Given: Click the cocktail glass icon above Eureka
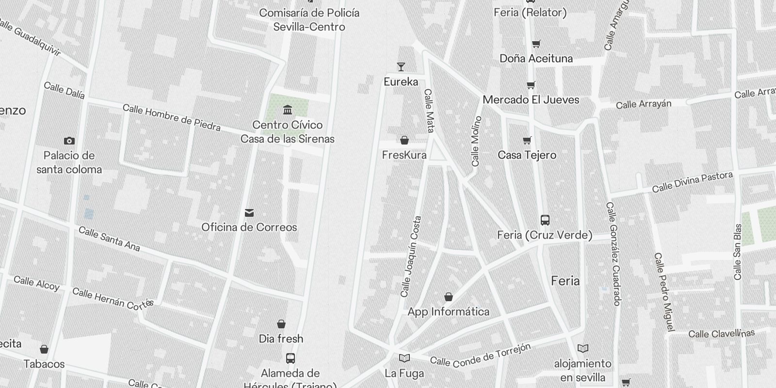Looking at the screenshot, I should (x=401, y=67).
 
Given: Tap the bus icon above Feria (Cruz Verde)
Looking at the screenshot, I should (x=545, y=220).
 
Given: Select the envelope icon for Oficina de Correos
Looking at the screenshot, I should (x=249, y=212).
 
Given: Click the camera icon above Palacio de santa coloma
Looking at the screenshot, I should (x=69, y=141).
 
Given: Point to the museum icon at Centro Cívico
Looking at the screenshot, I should (x=288, y=110).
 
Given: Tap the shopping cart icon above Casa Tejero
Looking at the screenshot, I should (x=527, y=141).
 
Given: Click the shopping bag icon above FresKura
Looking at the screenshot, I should (x=404, y=141).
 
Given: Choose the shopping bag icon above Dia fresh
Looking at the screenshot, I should (x=281, y=324).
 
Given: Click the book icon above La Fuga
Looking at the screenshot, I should (x=404, y=358).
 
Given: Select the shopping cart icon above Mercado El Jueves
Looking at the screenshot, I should (x=531, y=85).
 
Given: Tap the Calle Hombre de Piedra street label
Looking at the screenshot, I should (x=172, y=117).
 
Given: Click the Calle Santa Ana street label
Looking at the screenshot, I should (x=109, y=239).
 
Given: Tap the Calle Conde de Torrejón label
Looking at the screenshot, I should (x=480, y=355).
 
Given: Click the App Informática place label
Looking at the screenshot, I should (x=448, y=311).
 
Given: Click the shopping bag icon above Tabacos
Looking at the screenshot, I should (x=44, y=349).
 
